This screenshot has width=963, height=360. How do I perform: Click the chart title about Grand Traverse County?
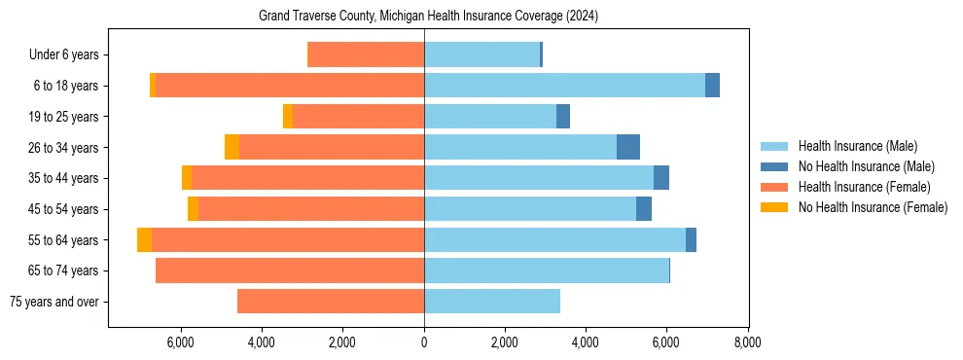point(428,17)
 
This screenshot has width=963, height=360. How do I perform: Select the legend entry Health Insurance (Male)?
point(857,146)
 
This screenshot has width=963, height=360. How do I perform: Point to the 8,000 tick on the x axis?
point(747,342)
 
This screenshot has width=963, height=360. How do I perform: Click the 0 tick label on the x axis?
point(424,342)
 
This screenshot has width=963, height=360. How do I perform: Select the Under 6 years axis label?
point(63,55)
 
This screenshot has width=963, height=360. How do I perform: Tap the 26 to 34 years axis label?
point(63,148)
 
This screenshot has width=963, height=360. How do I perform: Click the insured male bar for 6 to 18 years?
point(564,86)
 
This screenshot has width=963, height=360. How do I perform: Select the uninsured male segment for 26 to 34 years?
point(628,147)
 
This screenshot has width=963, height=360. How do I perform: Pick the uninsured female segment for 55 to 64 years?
point(144,239)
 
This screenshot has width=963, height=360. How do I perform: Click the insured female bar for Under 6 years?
point(366,54)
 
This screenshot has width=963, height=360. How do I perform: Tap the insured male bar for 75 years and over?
point(492,301)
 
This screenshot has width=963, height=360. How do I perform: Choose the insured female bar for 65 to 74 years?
point(290,270)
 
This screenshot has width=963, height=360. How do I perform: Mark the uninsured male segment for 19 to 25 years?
point(563,116)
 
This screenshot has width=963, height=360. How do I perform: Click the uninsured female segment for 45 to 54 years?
point(193,208)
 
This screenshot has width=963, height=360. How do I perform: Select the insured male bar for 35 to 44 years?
point(539,178)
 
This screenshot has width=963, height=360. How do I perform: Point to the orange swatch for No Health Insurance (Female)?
point(774,207)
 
